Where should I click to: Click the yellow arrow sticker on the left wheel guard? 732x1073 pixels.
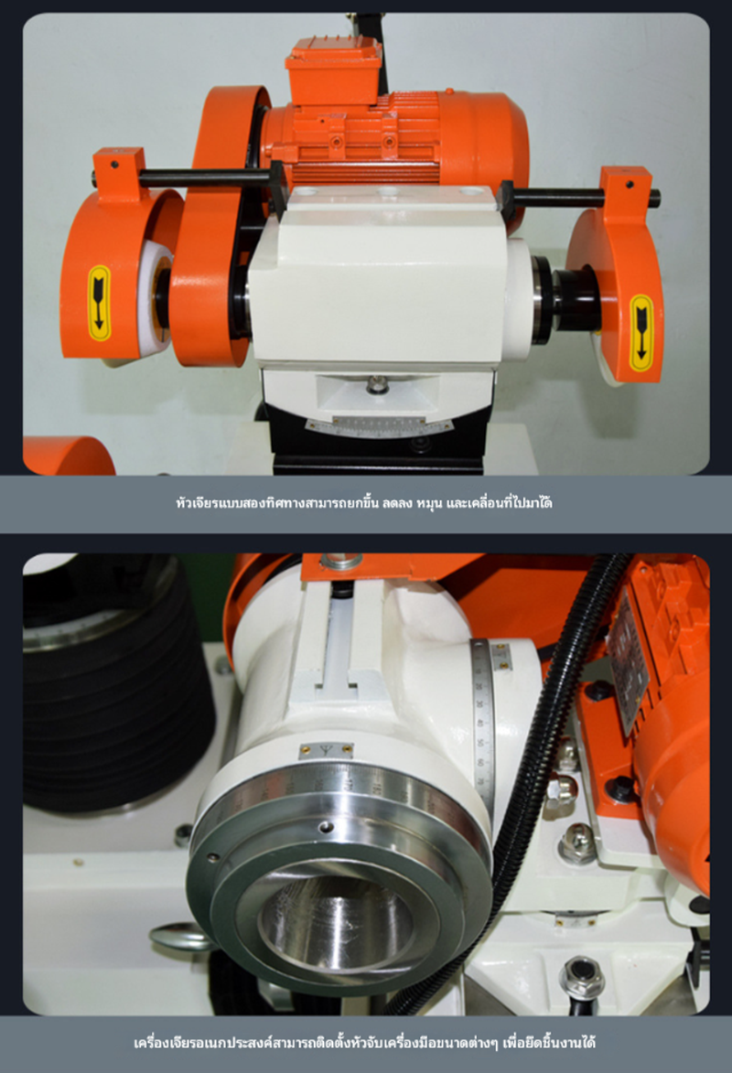pyautogui.click(x=100, y=303)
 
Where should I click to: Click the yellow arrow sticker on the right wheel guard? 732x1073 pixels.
pyautogui.click(x=640, y=333)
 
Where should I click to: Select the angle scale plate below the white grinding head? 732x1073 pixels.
pyautogui.click(x=378, y=424)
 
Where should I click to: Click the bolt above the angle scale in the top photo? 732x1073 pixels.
pyautogui.click(x=376, y=385)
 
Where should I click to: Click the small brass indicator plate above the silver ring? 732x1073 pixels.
pyautogui.click(x=326, y=749)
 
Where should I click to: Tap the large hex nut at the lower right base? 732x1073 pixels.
pyautogui.click(x=582, y=977)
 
